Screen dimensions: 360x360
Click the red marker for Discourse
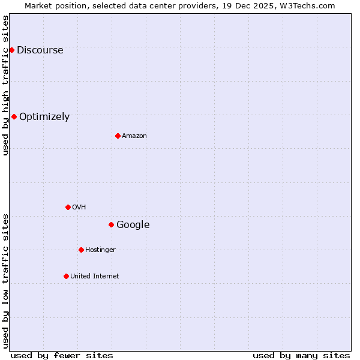(x=11, y=50)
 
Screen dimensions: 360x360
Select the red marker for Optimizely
(x=14, y=116)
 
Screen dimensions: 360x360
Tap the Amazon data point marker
(x=118, y=136)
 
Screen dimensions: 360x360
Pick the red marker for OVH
(x=68, y=207)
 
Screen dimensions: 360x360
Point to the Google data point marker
(x=111, y=224)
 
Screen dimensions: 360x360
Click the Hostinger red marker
(x=81, y=250)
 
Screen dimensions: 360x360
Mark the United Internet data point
(x=66, y=276)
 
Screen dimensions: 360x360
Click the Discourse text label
(x=40, y=50)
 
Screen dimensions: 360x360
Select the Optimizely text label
(x=44, y=117)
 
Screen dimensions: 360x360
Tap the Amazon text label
(x=134, y=136)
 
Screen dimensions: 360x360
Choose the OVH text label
(x=79, y=208)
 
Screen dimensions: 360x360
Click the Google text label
(x=133, y=225)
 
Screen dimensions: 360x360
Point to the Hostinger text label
(x=100, y=250)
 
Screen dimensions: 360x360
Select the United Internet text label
(x=95, y=277)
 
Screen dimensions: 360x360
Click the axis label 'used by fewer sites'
(x=62, y=355)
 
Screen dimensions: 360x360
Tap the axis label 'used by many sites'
(x=301, y=355)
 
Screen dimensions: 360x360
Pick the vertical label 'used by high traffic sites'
(x=6, y=85)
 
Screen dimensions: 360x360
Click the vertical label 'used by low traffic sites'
(x=6, y=281)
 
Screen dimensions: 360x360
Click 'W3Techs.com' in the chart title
(x=310, y=5)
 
